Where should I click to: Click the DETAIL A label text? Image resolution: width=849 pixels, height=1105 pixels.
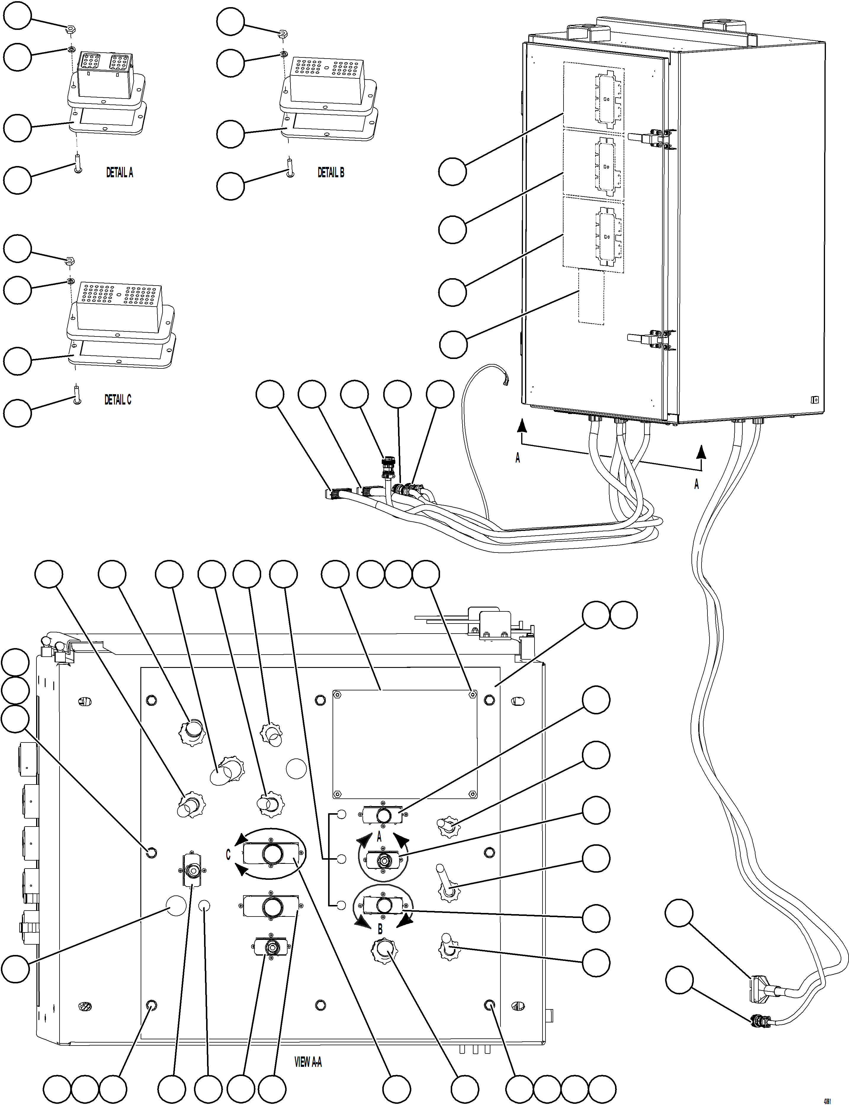click(119, 173)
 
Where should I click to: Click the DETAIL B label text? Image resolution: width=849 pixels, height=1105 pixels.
click(330, 173)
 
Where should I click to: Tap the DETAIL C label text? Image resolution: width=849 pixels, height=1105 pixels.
click(118, 400)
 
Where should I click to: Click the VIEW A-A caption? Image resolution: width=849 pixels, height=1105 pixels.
click(308, 1062)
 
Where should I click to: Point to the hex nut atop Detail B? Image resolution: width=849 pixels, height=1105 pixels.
click(283, 34)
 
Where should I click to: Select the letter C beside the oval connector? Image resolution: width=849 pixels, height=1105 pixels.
click(228, 855)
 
